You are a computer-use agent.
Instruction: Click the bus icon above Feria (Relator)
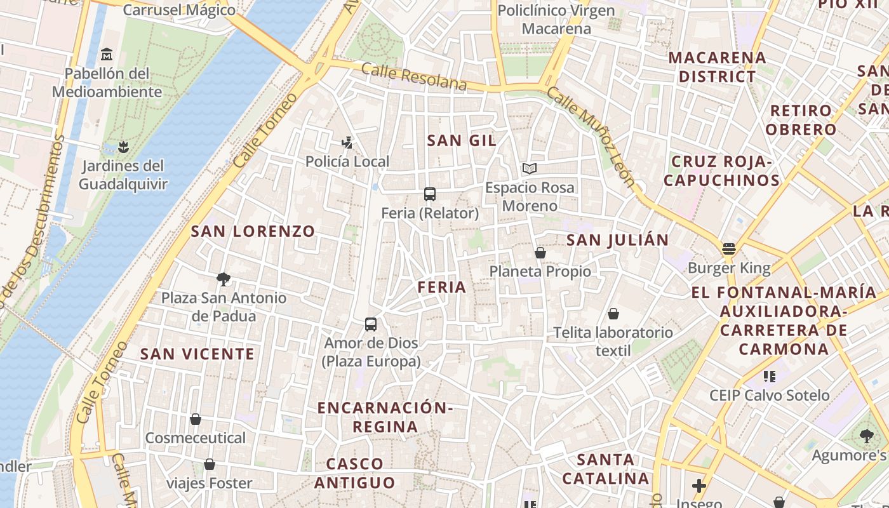(430, 194)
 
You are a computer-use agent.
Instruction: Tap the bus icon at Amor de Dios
(371, 324)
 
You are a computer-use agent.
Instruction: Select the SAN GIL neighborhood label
(462, 140)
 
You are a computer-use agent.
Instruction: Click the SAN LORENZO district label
(253, 231)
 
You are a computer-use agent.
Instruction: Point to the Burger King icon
(728, 249)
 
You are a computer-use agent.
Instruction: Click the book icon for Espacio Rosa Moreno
(529, 168)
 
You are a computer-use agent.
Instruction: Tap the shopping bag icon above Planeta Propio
(540, 253)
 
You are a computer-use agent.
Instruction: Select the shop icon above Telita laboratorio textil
(613, 314)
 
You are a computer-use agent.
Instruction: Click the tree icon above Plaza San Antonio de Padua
(223, 279)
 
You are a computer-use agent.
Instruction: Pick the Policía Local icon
(347, 142)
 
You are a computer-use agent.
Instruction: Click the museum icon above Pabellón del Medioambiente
(107, 54)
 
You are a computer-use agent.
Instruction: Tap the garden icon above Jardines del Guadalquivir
(124, 147)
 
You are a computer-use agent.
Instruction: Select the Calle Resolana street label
(413, 76)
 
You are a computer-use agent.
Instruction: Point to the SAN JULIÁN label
(617, 240)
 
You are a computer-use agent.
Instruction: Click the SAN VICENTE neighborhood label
(197, 354)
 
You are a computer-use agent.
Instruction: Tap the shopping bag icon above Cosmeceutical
(196, 419)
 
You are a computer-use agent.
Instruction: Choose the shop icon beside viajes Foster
(209, 464)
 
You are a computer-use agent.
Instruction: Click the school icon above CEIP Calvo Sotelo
(770, 377)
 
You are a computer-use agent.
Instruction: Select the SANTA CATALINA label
(606, 469)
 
